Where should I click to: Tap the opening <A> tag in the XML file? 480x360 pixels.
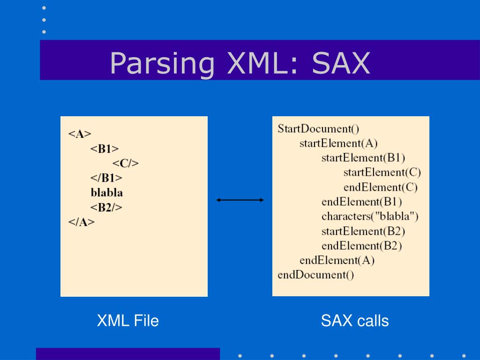pos(80,134)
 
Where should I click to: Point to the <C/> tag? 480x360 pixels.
pos(126,163)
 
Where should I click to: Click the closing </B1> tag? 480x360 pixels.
pos(106,178)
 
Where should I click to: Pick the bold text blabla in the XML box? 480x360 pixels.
pos(106,192)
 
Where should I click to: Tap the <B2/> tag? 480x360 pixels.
pos(106,207)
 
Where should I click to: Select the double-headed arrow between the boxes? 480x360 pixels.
pos(240,200)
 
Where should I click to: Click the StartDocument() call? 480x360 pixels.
pos(318,128)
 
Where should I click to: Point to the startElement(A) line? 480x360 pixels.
pos(338,143)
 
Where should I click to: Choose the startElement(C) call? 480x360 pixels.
pos(382,172)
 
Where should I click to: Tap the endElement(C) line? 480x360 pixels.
pos(380,187)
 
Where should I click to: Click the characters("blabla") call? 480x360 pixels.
pos(370,216)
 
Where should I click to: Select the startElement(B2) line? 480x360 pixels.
pos(363,231)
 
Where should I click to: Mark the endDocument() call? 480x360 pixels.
pos(316,274)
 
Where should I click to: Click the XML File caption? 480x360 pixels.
pos(127,321)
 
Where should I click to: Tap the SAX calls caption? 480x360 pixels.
pos(355,321)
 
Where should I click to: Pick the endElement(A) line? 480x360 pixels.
pos(337,260)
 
